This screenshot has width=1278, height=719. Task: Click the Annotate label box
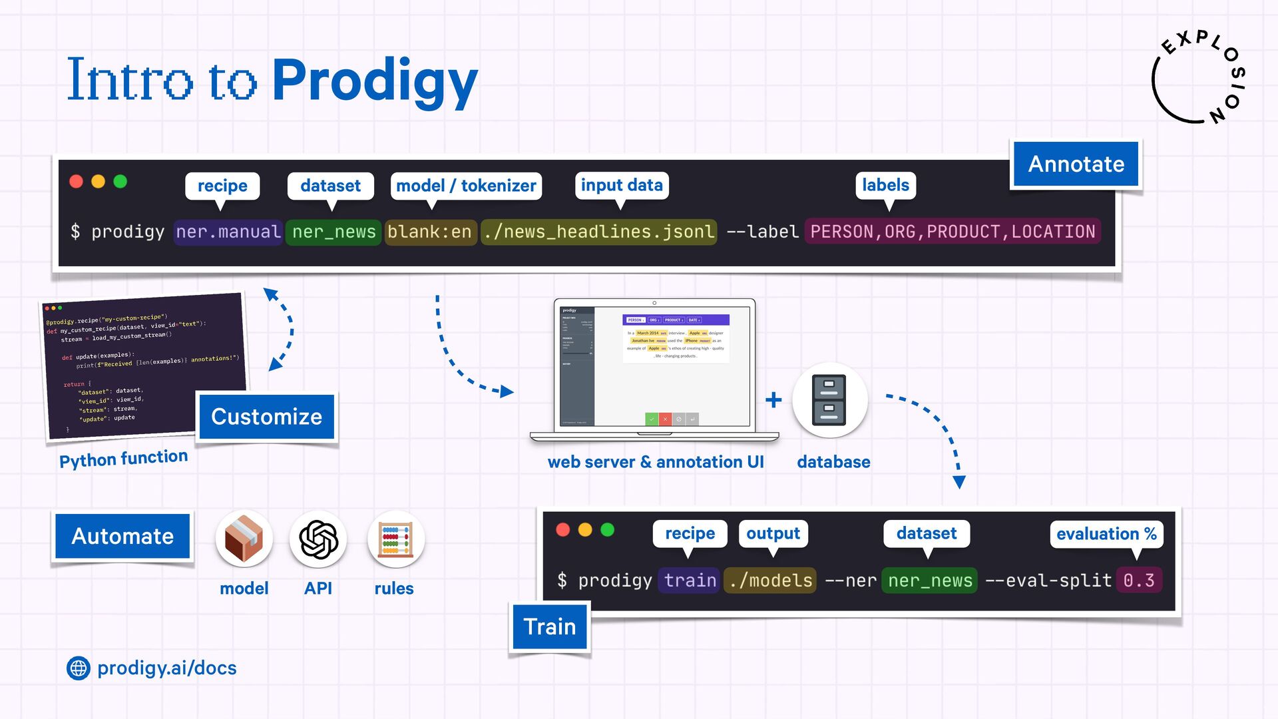[x=1076, y=164]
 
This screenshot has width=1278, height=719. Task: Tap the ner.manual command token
[x=228, y=232]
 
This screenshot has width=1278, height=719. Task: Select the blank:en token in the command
[x=430, y=232]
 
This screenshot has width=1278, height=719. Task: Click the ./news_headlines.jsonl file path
[x=598, y=232]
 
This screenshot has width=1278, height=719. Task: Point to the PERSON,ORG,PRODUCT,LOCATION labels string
[x=952, y=232]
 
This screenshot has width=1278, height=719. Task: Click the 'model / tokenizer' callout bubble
[x=466, y=186]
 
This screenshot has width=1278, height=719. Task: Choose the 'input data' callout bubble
[x=622, y=185]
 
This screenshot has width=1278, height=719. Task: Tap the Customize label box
[x=266, y=417]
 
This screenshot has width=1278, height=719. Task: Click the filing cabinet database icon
[x=829, y=400]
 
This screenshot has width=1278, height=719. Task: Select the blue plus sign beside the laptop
[x=773, y=400]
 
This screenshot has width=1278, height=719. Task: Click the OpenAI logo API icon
[x=318, y=539]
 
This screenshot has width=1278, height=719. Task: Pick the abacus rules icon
[x=395, y=539]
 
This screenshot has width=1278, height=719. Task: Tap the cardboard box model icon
[x=244, y=539]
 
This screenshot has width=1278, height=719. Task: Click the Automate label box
[x=122, y=536]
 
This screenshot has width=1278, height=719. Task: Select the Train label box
[x=550, y=626]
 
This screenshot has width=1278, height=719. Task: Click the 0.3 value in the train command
[x=1139, y=581]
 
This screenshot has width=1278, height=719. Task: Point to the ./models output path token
[x=770, y=581]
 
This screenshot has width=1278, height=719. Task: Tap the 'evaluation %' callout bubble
[x=1106, y=534]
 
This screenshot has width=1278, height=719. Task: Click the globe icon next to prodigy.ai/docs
[x=79, y=668]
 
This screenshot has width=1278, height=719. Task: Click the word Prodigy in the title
[x=375, y=81]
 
